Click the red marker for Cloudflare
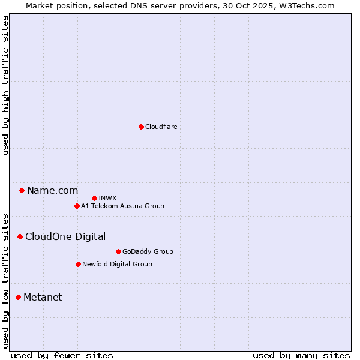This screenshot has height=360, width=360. (141, 127)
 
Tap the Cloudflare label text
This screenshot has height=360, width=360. (161, 127)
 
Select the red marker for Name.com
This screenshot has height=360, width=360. (22, 190)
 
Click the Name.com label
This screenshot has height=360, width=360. (52, 190)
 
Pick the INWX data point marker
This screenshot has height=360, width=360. (94, 198)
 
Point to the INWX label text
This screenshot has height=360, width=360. (107, 198)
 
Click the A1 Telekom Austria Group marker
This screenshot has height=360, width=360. (77, 206)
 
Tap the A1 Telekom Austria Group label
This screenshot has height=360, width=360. (122, 206)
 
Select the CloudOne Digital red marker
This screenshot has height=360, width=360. (20, 236)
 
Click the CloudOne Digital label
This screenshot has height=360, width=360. (65, 236)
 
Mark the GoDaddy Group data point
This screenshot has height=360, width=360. (118, 251)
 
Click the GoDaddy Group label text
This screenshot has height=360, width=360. (147, 251)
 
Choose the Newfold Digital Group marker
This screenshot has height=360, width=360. (78, 264)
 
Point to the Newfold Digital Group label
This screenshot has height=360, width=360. (117, 264)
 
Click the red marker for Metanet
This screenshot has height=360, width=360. (18, 297)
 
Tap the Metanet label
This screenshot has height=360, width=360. (43, 297)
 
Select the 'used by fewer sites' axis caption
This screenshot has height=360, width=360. (62, 355)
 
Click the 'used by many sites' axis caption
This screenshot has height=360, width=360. (301, 355)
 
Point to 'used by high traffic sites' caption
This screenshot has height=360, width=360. (5, 86)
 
